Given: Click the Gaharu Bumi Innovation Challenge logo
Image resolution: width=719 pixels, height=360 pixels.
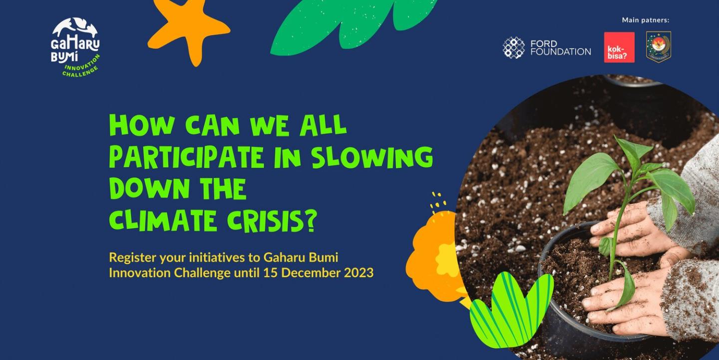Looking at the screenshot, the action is point(76,47).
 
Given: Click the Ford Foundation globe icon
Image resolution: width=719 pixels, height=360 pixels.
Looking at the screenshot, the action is point(514,47).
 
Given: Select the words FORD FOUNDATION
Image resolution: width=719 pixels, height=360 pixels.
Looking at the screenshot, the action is point(560,47).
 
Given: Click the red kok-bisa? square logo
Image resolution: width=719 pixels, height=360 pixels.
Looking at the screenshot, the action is point(619,47).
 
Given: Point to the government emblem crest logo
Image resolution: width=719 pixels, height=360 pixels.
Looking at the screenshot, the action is point(659,47).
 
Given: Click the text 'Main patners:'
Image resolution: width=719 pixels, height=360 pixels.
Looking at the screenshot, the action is point(646,20).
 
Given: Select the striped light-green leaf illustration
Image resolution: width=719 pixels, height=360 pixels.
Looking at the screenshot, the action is point(510,310).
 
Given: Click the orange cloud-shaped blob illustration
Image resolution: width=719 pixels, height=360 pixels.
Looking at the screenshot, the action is point(433,257).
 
